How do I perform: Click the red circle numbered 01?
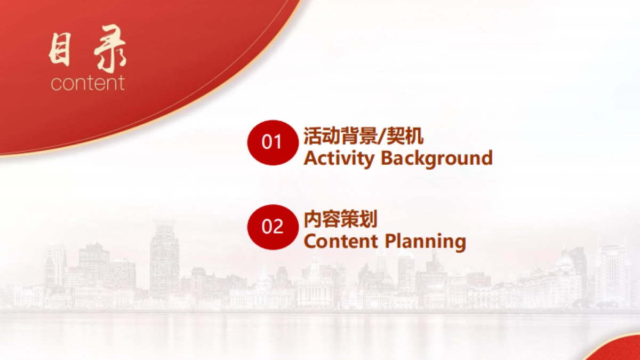click(273, 142)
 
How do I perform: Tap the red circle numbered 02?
click(273, 227)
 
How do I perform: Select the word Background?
click(437, 158)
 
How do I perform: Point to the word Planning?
click(426, 242)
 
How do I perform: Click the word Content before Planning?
click(341, 241)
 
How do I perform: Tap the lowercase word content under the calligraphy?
click(87, 83)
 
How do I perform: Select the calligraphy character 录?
click(109, 49)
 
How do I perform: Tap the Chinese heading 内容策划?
click(340, 219)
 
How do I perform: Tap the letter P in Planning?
click(391, 241)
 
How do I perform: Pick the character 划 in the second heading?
click(369, 219)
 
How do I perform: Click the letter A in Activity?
click(310, 158)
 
